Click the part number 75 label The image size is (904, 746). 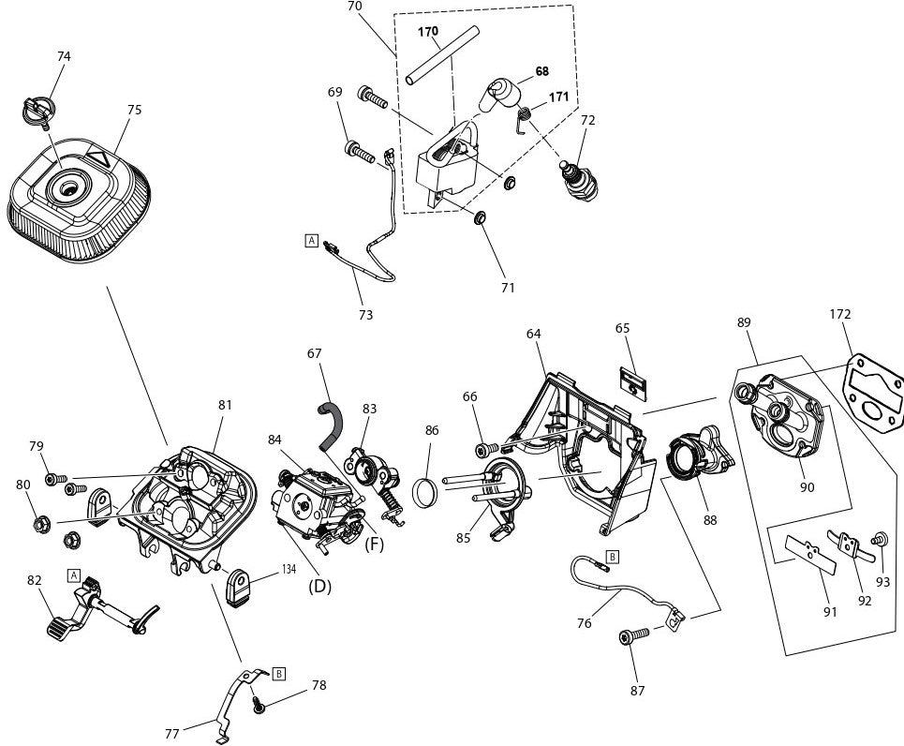(134, 110)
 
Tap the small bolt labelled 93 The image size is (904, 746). (879, 540)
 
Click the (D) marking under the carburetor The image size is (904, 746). (319, 587)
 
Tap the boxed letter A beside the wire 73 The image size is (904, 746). (311, 240)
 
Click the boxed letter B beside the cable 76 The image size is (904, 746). (612, 557)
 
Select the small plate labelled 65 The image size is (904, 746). (633, 385)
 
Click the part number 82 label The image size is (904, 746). (34, 581)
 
